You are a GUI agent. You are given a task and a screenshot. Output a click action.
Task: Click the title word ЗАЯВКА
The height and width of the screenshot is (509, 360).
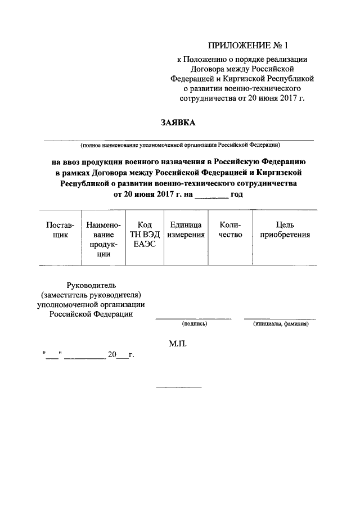pyautogui.click(x=179, y=121)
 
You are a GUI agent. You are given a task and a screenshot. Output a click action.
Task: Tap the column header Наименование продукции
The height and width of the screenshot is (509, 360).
pyautogui.click(x=103, y=239)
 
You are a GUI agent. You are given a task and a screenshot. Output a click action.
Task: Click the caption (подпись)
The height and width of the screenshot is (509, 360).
pyautogui.click(x=195, y=324)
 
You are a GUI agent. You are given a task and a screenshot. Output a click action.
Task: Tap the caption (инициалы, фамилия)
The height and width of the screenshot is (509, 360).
pyautogui.click(x=280, y=324)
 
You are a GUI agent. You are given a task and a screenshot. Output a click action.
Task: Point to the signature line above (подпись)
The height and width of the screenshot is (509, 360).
pyautogui.click(x=193, y=318)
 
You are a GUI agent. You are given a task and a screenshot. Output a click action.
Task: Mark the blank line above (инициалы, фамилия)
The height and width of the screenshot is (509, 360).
pyautogui.click(x=280, y=318)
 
